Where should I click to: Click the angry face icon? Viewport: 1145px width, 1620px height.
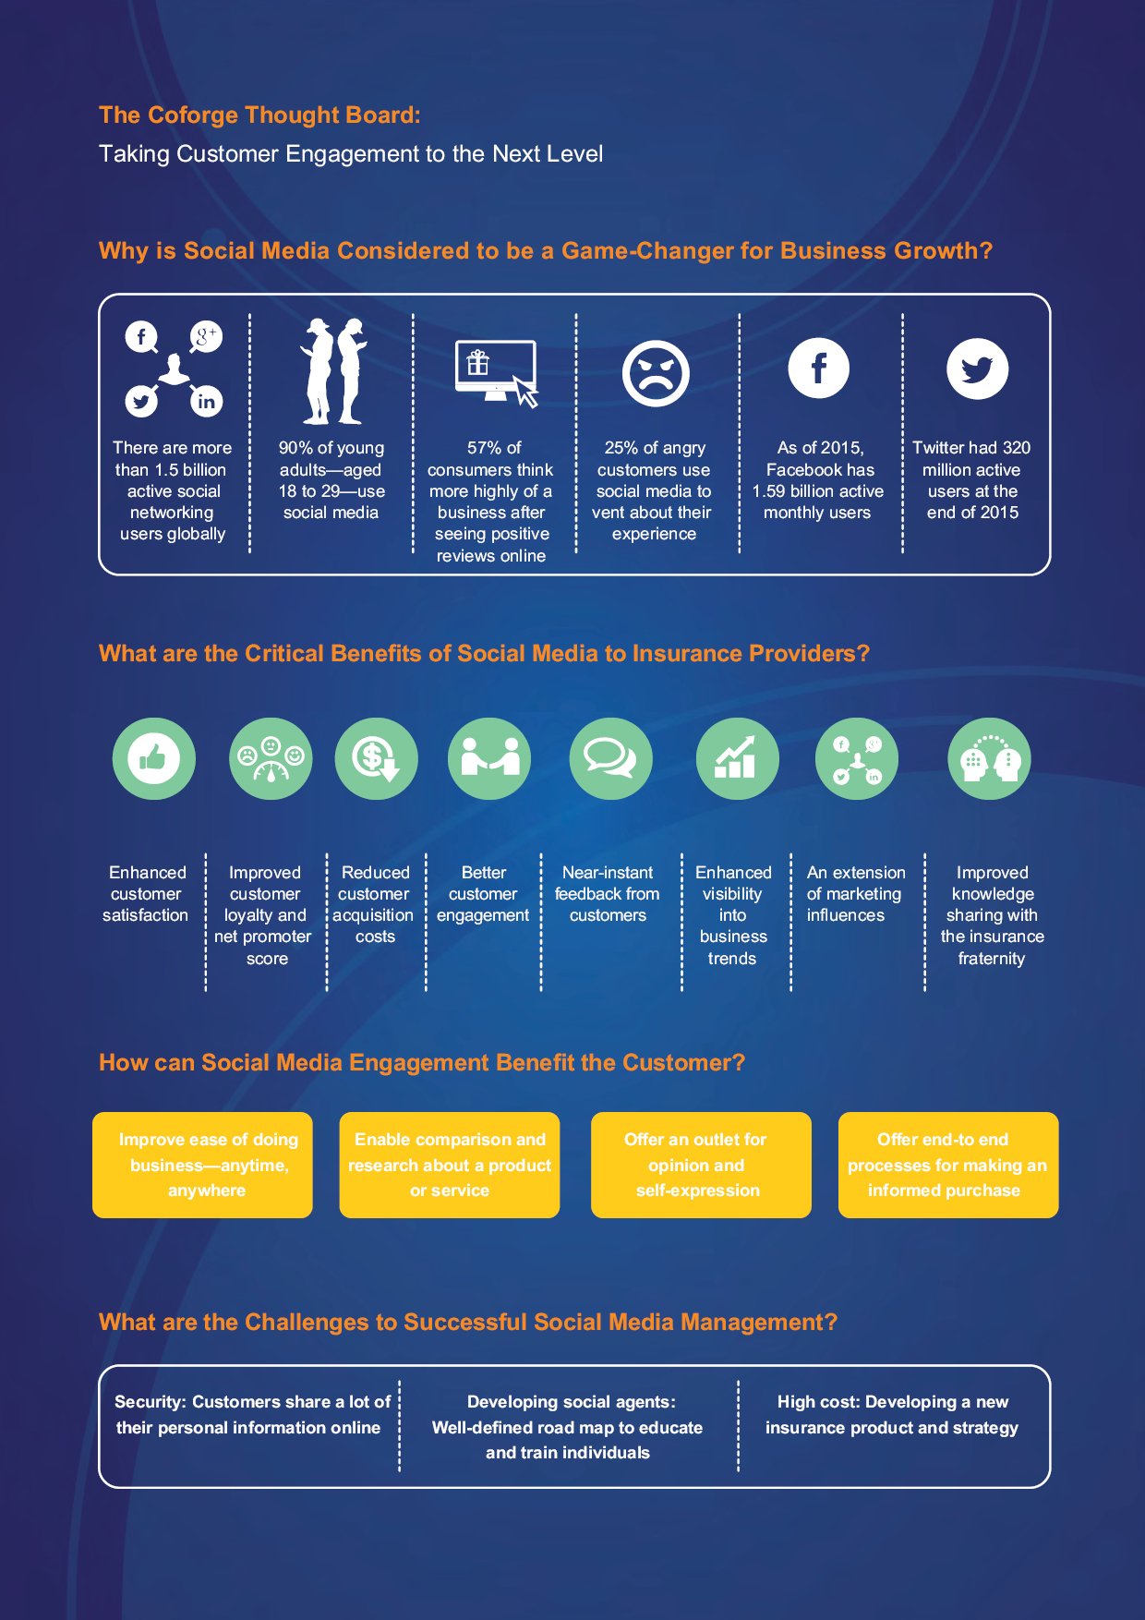coord(656,373)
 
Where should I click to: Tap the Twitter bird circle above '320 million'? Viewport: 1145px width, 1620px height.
coord(977,369)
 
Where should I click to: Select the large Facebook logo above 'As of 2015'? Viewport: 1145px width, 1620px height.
coord(818,368)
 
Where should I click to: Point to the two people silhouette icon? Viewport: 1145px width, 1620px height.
coord(332,370)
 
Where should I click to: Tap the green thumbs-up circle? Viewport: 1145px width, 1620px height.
coord(154,758)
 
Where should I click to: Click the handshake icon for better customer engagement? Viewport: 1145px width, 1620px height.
coord(489,758)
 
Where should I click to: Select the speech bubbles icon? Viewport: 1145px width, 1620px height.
coord(610,758)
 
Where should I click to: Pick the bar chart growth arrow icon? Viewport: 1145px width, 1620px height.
coord(737,758)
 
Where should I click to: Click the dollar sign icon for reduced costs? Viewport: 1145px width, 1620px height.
coord(376,758)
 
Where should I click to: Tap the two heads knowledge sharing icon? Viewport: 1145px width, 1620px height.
coord(989,758)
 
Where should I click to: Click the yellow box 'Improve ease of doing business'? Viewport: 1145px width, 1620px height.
coord(202,1165)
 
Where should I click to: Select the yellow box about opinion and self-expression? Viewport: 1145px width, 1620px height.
coord(701,1165)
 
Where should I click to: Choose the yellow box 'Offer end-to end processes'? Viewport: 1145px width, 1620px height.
coord(948,1165)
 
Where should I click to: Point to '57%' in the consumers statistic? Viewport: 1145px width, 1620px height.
coord(483,448)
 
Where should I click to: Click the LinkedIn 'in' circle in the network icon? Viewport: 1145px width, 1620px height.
coord(206,401)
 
